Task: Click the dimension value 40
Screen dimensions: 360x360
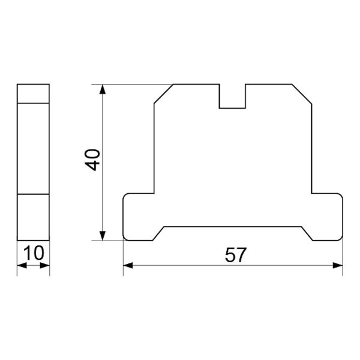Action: coord(92,160)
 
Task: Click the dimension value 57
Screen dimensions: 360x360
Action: coord(235,255)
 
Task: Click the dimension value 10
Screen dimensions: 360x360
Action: coord(34,253)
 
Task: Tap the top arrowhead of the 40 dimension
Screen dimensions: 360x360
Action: coord(103,89)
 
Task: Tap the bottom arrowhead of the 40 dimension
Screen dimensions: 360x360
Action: coord(103,236)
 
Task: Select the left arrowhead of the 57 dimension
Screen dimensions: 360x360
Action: coord(128,266)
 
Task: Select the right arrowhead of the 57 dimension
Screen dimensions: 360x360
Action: coord(338,266)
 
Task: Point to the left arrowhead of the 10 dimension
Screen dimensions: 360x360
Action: coord(22,266)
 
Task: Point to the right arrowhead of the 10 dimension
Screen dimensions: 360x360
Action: coord(45,266)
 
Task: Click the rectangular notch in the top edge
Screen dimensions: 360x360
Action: coord(232,108)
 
